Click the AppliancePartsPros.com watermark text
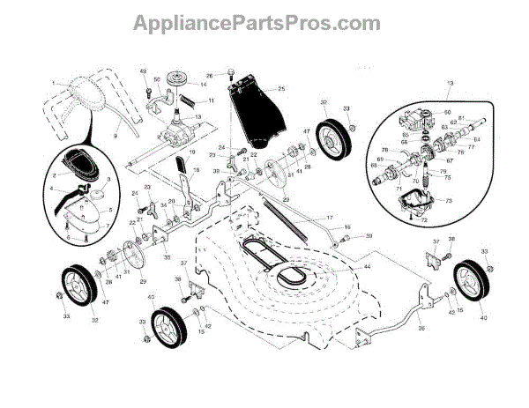click(264, 21)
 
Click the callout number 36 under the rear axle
click(396, 328)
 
